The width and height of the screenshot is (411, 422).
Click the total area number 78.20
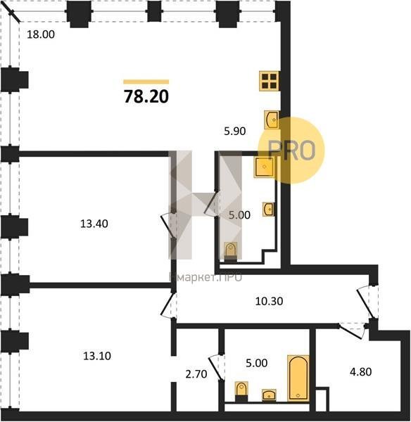146,96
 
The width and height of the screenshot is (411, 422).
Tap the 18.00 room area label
41,34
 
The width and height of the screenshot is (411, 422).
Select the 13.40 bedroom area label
94,224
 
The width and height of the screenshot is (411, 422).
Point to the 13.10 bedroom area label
97,356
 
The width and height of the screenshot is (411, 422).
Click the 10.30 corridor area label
269,301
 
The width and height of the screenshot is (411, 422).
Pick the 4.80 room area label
360,371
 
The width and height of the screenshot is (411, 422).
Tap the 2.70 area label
196,374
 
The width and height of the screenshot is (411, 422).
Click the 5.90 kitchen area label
235,131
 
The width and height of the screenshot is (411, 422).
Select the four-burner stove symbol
269,81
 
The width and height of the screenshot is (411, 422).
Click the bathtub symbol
298,378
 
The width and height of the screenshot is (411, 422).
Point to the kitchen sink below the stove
272,120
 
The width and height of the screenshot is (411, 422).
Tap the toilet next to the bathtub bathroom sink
241,392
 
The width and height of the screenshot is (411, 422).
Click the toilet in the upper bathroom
231,252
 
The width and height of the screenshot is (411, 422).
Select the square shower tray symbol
264,167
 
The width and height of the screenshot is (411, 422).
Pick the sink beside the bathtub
269,395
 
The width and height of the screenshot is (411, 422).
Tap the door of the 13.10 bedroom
169,305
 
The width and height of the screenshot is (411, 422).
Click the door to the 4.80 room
353,330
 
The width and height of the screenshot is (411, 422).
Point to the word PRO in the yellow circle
291,151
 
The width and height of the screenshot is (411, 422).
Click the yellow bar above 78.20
146,82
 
